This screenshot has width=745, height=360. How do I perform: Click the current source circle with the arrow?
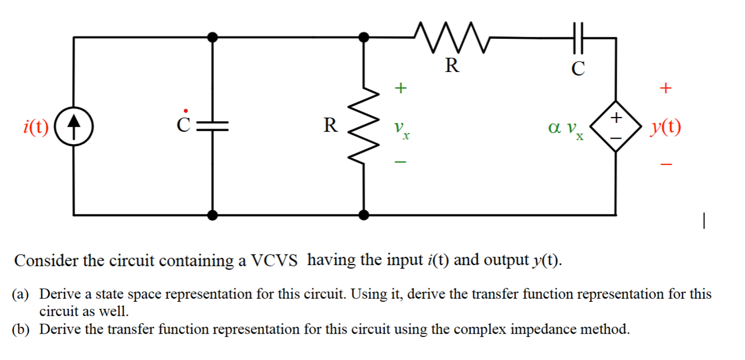(74, 126)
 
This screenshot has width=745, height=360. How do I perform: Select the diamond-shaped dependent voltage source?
(616, 126)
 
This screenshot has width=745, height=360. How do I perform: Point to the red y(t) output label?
(666, 126)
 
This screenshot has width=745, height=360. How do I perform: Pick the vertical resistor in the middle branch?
(364, 126)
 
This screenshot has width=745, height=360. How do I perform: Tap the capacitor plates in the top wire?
(577, 38)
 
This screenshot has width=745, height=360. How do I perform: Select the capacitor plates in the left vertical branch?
(212, 125)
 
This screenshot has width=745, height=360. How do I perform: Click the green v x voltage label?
(401, 129)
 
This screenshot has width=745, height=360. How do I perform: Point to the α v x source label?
(565, 129)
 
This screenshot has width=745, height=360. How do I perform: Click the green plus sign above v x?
(400, 88)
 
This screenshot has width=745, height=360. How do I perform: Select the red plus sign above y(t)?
(665, 88)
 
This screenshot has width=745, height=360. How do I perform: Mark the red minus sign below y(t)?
(665, 165)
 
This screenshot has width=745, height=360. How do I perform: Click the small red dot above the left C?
(185, 110)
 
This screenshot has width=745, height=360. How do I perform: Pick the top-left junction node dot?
(212, 37)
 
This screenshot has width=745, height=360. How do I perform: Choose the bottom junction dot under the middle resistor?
(364, 215)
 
